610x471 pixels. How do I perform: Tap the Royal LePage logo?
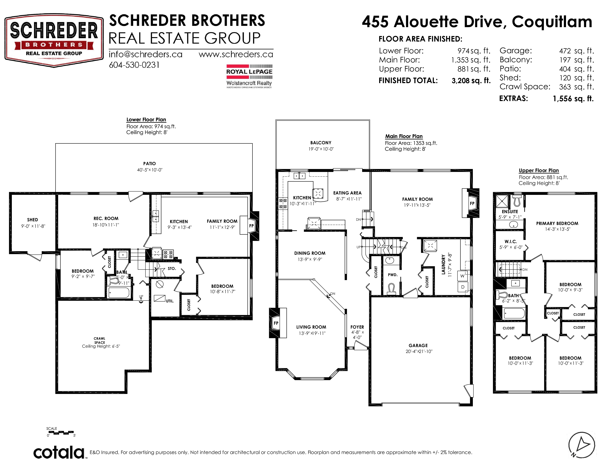pos(249,76)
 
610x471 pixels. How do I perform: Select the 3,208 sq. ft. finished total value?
pos(471,81)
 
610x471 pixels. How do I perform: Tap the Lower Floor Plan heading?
pos(146,120)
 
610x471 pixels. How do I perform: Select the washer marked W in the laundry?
pos(462,276)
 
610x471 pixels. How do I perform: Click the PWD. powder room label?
pos(392,275)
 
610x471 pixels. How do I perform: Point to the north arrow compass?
pos(582,445)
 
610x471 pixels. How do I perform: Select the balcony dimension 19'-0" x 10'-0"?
pos(321,149)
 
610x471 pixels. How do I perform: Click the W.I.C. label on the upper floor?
pos(511,242)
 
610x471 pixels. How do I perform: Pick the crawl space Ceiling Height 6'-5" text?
pos(101,346)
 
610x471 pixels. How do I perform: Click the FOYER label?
pos(357,327)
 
